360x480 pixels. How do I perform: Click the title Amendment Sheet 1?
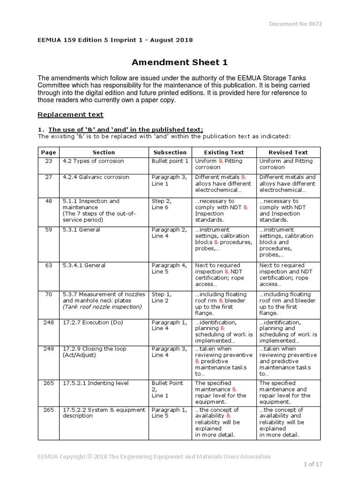[180, 62]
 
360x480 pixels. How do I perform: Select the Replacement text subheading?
[70, 114]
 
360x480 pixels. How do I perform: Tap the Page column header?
[48, 152]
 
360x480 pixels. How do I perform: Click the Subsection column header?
[170, 152]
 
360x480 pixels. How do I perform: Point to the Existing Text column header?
[224, 152]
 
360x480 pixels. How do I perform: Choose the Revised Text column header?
[288, 152]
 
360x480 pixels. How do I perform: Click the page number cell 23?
[48, 161]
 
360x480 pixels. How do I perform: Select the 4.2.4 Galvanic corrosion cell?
[96, 177]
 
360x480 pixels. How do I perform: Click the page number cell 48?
[48, 201]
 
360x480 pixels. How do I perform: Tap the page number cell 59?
[48, 230]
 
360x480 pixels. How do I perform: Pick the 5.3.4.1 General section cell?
[84, 265]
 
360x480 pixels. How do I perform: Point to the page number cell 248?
[48, 322]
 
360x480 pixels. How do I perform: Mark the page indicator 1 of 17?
[310, 464]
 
